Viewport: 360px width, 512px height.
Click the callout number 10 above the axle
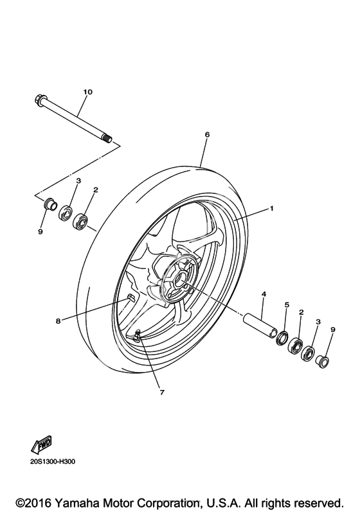pyautogui.click(x=87, y=92)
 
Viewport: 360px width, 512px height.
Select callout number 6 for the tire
pyautogui.click(x=207, y=134)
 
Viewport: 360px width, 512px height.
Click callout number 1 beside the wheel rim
pyautogui.click(x=271, y=208)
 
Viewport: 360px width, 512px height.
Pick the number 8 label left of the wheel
pyautogui.click(x=58, y=321)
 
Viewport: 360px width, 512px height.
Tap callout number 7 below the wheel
pyautogui.click(x=162, y=392)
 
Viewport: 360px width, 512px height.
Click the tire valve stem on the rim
pyautogui.click(x=138, y=335)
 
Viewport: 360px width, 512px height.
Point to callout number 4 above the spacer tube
pyautogui.click(x=264, y=294)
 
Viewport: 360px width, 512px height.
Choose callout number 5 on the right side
pyautogui.click(x=287, y=305)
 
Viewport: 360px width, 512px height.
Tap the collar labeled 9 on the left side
pyautogui.click(x=51, y=204)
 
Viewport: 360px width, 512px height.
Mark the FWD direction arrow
pyautogui.click(x=42, y=444)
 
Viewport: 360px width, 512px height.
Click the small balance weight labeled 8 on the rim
pyautogui.click(x=130, y=297)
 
